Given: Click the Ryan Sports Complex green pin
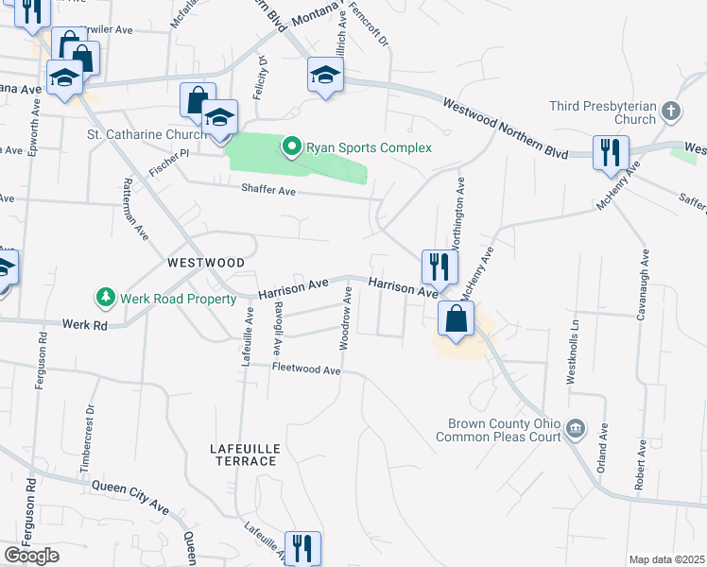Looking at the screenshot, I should (x=292, y=146).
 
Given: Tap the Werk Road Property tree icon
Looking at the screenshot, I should (x=105, y=299).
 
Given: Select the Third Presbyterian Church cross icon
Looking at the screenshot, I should (x=671, y=112).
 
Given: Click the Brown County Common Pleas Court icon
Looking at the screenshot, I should (x=575, y=430).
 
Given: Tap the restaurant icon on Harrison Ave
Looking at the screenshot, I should (x=439, y=266).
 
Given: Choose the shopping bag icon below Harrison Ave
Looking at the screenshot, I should (x=456, y=319).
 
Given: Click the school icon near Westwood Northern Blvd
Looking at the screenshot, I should (x=324, y=75).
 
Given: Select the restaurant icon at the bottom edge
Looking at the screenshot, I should (x=302, y=547).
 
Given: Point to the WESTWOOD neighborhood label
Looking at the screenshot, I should (x=206, y=262).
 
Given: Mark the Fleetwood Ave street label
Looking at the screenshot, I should (x=305, y=369).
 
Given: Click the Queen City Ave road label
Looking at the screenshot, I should (x=130, y=497).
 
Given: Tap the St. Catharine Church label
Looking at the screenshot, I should (x=147, y=135).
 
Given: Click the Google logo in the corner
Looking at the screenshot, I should (x=31, y=556).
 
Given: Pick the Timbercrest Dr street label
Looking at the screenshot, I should (x=92, y=430).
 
